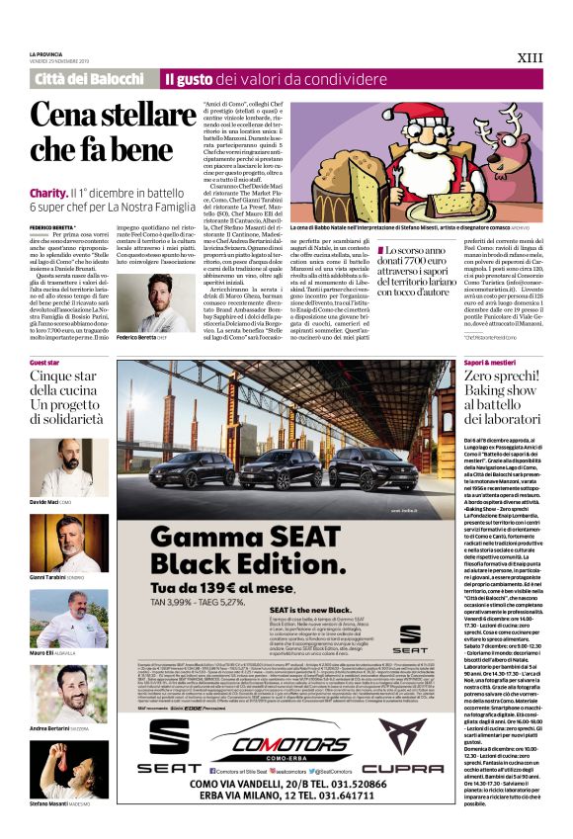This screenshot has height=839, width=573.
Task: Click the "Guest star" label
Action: pyautogui.click(x=45, y=364)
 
